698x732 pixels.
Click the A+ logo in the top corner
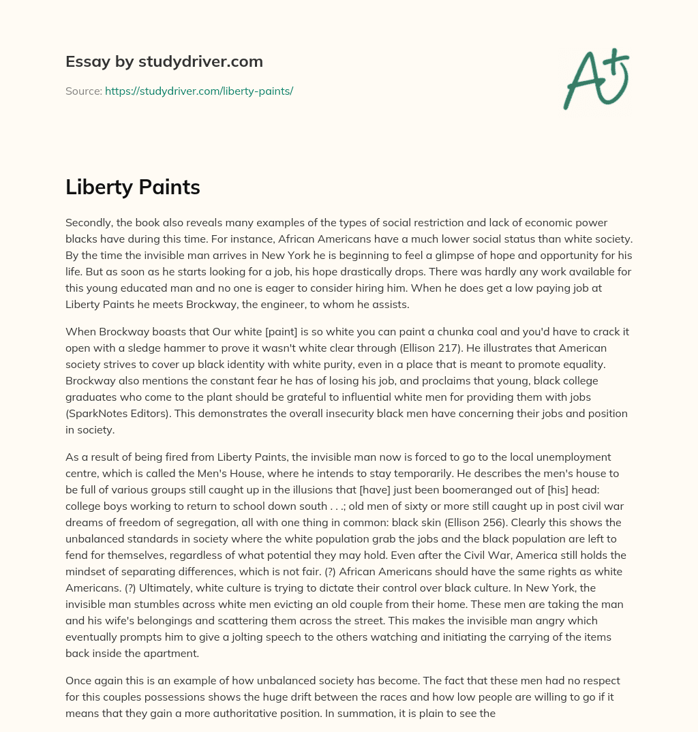pyautogui.click(x=595, y=78)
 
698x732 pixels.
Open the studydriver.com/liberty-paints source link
pyautogui.click(x=198, y=91)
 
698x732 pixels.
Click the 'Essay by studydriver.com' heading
pyautogui.click(x=164, y=61)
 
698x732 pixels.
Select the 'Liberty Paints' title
pyautogui.click(x=132, y=187)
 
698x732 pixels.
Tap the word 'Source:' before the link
pyautogui.click(x=83, y=91)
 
